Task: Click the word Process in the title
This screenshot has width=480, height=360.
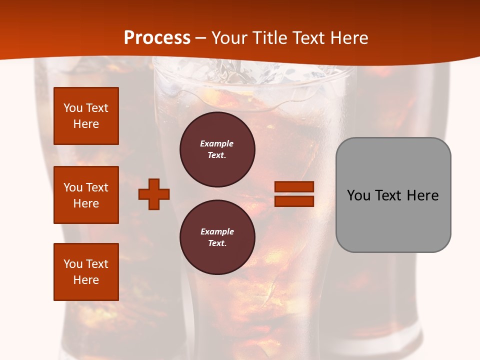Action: coord(157,38)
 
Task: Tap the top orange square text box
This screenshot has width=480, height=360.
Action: coord(86,116)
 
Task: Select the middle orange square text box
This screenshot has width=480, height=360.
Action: coord(86,195)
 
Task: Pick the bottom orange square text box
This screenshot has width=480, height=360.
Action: coord(86,271)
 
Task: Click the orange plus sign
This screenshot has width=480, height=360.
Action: coord(154,194)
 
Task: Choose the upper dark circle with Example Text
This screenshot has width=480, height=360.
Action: coord(217,149)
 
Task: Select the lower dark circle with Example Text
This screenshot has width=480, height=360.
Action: coord(217,237)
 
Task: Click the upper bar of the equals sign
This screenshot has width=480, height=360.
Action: coord(294,187)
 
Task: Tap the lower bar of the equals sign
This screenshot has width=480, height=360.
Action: coord(294,201)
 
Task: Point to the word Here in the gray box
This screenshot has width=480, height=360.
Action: coord(422,195)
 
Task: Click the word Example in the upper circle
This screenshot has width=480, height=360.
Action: coord(216,143)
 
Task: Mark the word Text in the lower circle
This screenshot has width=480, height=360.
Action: coord(216,243)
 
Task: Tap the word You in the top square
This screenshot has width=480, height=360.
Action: coord(73,108)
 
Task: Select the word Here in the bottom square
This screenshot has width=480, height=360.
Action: coord(86,280)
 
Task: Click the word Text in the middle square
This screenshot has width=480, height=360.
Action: coord(97,187)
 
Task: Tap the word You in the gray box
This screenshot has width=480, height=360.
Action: coord(359,195)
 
